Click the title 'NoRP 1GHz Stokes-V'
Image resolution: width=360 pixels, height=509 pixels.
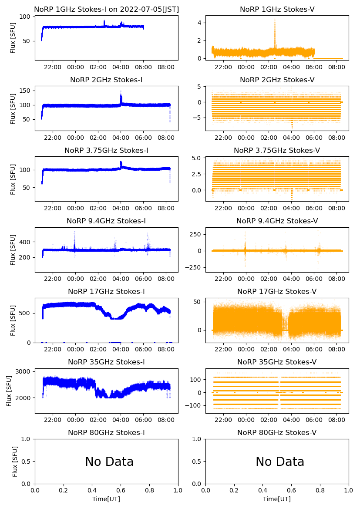[x=277, y=10]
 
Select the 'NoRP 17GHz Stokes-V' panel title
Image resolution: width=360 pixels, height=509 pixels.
[x=277, y=292]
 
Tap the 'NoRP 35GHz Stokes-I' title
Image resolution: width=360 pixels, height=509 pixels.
[x=106, y=362]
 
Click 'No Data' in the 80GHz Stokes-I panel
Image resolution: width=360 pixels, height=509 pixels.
[x=109, y=462]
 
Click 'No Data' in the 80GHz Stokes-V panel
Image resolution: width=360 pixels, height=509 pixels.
[x=280, y=462]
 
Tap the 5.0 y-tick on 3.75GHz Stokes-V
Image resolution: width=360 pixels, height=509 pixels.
[x=196, y=158]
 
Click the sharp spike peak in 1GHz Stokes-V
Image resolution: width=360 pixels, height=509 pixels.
[x=275, y=20]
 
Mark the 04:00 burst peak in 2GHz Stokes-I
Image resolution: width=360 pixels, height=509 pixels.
[x=121, y=91]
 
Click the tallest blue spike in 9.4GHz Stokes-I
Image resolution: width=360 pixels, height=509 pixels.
[x=74, y=232]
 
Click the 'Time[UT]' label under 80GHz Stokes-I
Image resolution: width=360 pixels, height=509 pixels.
[x=106, y=499]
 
